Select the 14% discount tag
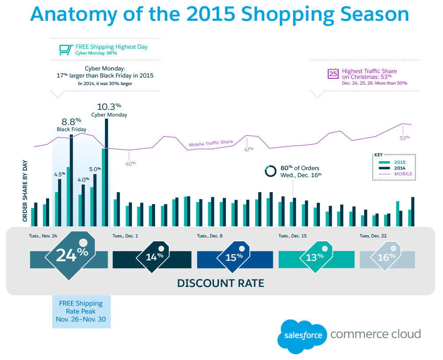pyautogui.click(x=153, y=256)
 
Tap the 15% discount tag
pyautogui.click(x=235, y=256)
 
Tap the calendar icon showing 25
pyautogui.click(x=333, y=74)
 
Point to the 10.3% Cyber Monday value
pyautogui.click(x=109, y=106)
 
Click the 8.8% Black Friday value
pyautogui.click(x=71, y=120)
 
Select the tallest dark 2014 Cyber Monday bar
pyautogui.click(x=106, y=173)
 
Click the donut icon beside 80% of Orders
pyautogui.click(x=271, y=171)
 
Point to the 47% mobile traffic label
pyautogui.click(x=249, y=149)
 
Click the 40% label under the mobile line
pyautogui.click(x=130, y=163)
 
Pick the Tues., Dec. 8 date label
pyautogui.click(x=210, y=236)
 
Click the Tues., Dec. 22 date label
pyautogui.click(x=373, y=236)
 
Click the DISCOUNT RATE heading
pyautogui.click(x=221, y=283)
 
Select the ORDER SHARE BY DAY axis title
pyautogui.click(x=25, y=191)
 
